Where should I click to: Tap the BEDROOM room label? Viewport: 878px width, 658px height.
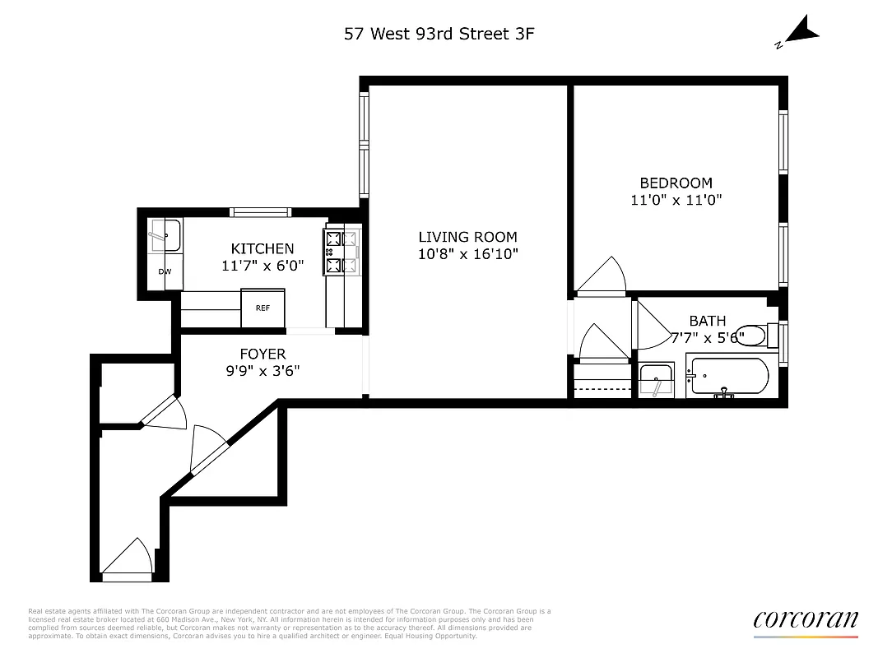tap(676, 183)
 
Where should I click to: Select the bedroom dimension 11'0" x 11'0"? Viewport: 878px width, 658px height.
tap(676, 200)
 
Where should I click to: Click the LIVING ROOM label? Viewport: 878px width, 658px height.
tap(467, 237)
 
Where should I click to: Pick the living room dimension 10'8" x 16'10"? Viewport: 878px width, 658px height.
tap(467, 254)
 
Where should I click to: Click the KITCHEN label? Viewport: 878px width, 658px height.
tap(262, 248)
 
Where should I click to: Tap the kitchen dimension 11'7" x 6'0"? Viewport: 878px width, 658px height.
tap(262, 266)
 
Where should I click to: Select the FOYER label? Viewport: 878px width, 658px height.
tap(262, 354)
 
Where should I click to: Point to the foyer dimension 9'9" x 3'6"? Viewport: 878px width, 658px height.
tap(262, 371)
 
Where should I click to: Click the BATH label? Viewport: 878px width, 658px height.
tap(708, 321)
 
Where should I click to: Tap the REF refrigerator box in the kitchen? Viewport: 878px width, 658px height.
tap(262, 308)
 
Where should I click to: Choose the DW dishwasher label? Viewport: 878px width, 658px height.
tap(165, 271)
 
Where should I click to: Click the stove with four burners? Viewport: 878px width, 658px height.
tap(343, 253)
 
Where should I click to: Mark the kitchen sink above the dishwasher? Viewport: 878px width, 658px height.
tap(165, 236)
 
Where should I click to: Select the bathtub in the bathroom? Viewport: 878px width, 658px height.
tap(728, 378)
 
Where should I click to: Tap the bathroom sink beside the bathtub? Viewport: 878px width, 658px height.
tap(656, 381)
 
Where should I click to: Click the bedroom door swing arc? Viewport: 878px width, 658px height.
tap(602, 276)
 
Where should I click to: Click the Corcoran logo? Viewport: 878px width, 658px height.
tap(805, 620)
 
